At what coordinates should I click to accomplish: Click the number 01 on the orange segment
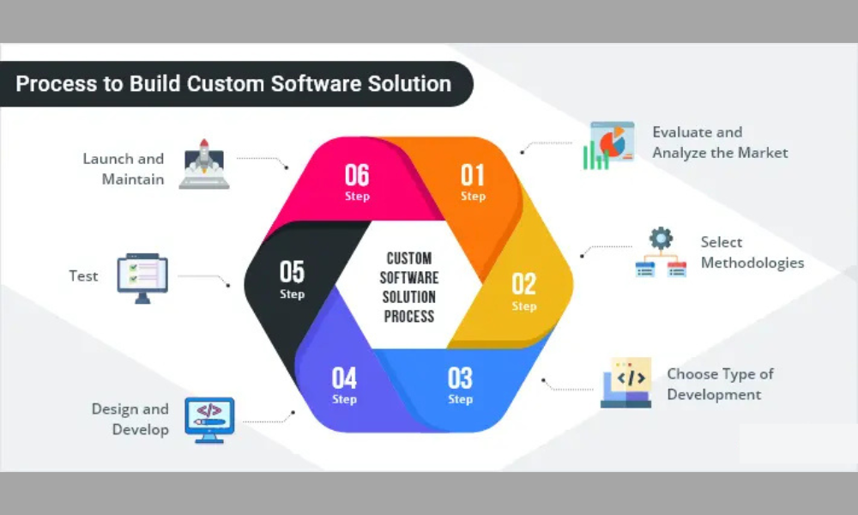click(473, 175)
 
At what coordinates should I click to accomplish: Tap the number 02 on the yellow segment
click(524, 283)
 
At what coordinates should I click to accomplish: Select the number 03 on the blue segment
click(460, 378)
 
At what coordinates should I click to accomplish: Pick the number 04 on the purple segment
click(344, 378)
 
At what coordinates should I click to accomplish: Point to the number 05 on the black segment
click(292, 272)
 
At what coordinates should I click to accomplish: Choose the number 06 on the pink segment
click(357, 175)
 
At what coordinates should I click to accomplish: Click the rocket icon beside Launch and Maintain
click(204, 164)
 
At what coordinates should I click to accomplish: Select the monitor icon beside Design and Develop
click(209, 419)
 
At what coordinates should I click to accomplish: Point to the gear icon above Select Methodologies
click(661, 238)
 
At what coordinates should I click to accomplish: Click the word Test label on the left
click(83, 276)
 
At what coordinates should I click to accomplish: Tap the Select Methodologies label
click(752, 252)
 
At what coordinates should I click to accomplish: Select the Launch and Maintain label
click(124, 169)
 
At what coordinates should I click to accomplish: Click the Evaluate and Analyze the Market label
click(719, 142)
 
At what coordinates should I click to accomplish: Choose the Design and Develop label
click(130, 419)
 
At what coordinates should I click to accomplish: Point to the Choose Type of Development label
click(719, 385)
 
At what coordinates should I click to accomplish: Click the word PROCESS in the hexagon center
click(408, 316)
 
